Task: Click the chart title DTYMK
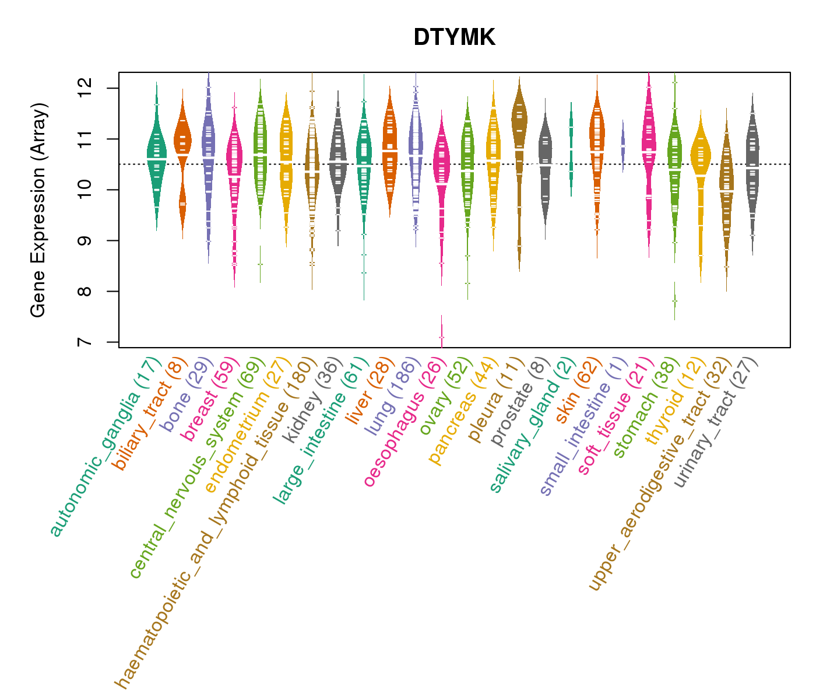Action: tap(454, 38)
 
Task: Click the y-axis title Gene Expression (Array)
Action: tap(38, 211)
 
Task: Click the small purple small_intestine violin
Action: tap(623, 146)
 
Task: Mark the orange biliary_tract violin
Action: tap(182, 157)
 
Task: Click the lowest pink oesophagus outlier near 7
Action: tap(442, 337)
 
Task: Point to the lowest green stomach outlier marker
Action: tap(674, 300)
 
